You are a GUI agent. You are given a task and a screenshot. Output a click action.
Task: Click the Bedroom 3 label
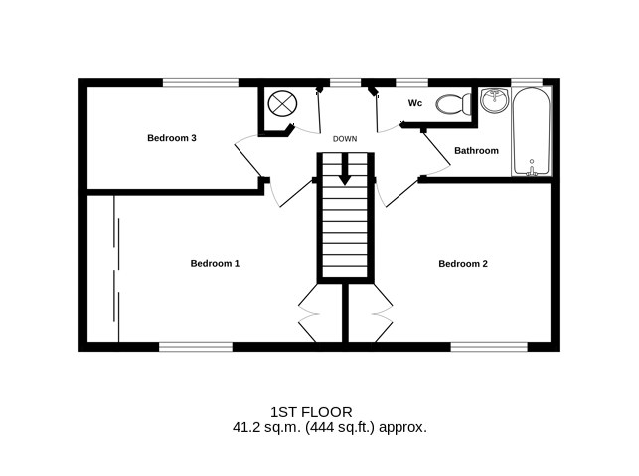(x=172, y=138)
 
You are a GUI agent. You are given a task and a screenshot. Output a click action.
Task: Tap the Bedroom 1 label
(x=215, y=264)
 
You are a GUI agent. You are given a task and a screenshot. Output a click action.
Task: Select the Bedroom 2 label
(x=463, y=264)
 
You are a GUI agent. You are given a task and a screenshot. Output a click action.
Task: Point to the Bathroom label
(x=476, y=151)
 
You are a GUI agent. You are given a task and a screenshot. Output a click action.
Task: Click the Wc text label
(x=415, y=103)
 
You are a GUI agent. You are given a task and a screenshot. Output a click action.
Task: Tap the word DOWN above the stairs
(x=345, y=139)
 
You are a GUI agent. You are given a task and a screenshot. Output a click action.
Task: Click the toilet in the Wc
(x=453, y=104)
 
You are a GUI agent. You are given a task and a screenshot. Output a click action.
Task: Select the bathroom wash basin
(x=494, y=100)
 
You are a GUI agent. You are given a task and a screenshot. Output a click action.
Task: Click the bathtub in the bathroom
(x=532, y=131)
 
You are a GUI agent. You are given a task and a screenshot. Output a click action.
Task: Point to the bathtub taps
(x=532, y=169)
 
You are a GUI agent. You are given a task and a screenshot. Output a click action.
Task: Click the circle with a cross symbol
(x=282, y=104)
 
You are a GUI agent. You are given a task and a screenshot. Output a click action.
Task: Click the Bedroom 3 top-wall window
(x=201, y=82)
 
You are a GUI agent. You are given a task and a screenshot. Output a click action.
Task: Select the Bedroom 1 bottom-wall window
(x=196, y=347)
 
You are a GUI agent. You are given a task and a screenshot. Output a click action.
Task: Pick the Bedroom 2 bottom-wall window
(x=489, y=347)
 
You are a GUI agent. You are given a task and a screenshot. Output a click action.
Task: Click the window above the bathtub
(x=527, y=82)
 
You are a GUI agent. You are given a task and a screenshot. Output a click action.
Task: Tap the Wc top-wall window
(x=411, y=82)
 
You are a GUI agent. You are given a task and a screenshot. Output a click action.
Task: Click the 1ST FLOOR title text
(x=311, y=412)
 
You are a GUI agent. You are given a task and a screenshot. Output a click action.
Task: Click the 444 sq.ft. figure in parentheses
(x=340, y=428)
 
